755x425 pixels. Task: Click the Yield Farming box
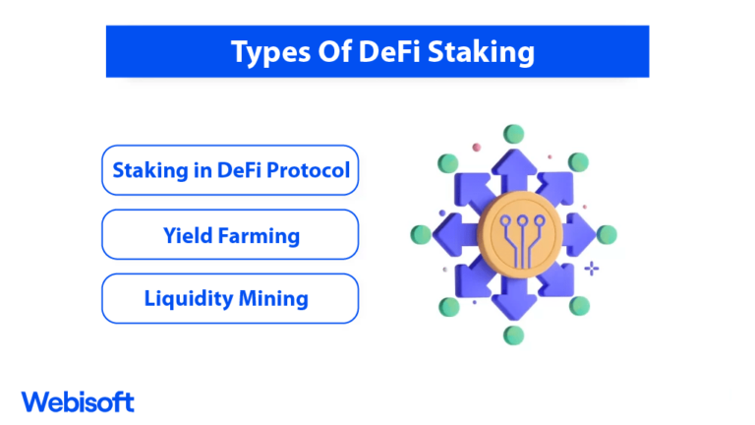coord(230,234)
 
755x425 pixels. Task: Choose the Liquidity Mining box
coord(230,298)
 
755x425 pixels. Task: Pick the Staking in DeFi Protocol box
coord(230,170)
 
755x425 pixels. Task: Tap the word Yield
coord(187,235)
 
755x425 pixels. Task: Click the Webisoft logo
coord(78,401)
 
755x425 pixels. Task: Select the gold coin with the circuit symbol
coord(513,234)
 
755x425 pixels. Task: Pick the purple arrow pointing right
coord(580,234)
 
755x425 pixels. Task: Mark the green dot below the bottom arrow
coord(513,335)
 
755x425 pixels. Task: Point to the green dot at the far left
coord(422,234)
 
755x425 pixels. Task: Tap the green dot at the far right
coord(606,234)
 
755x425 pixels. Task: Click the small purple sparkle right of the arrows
coord(591,268)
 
